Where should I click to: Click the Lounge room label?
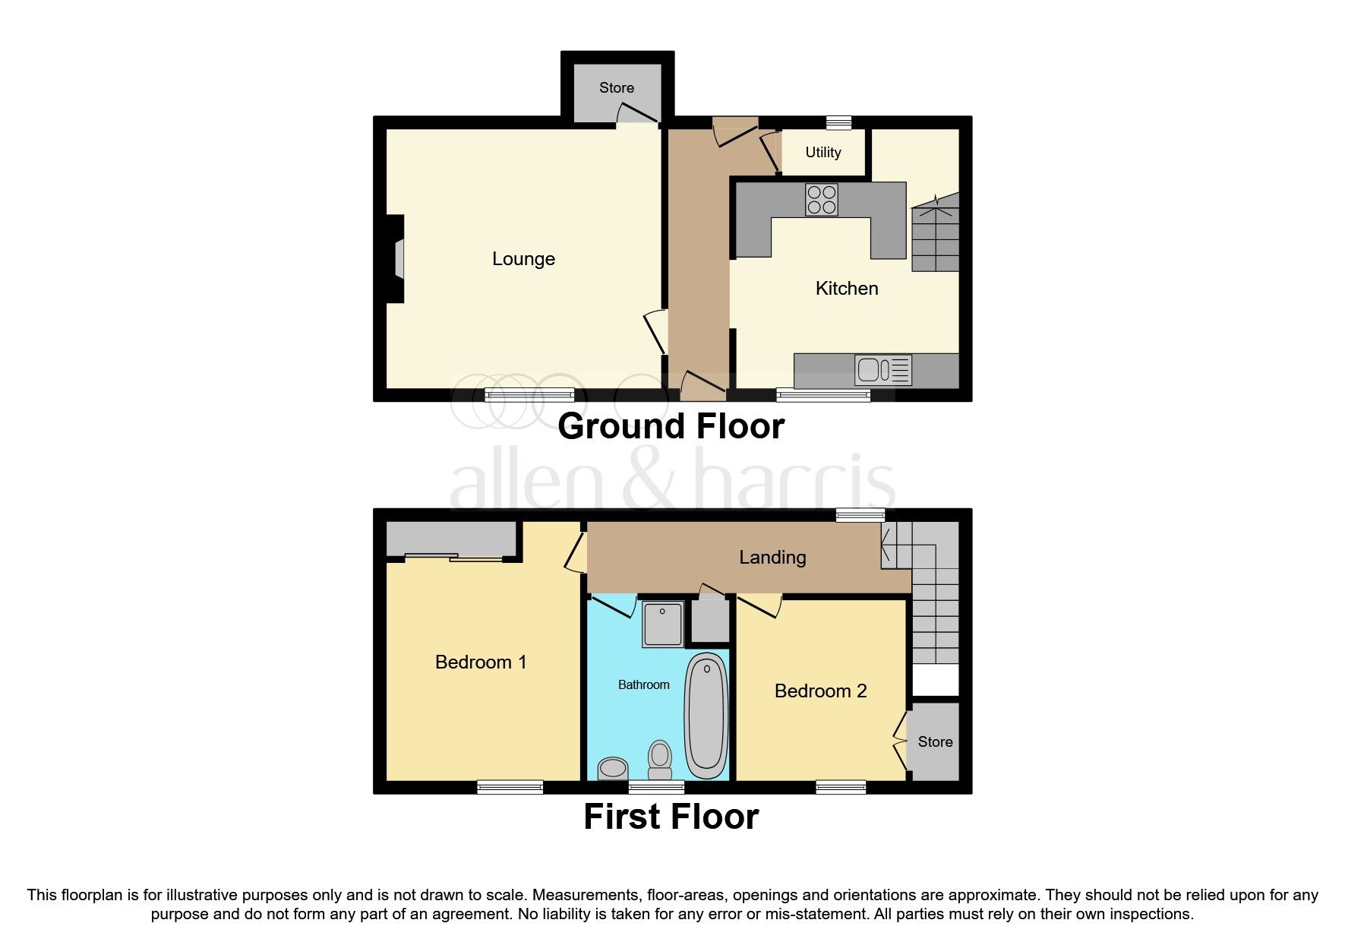[523, 259]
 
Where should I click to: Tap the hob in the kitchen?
[821, 200]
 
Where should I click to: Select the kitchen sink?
[882, 371]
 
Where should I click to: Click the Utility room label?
[823, 153]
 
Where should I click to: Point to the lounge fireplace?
[396, 259]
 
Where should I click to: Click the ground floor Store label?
[616, 88]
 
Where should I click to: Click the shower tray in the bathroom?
[662, 624]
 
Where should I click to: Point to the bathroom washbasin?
[612, 769]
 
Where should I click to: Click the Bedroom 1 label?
[480, 662]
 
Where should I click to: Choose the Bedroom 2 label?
[820, 691]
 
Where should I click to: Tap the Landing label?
[772, 558]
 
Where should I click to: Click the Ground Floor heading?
[671, 427]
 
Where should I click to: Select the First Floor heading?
[671, 817]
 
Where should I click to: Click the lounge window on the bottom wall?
[529, 394]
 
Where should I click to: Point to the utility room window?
[838, 122]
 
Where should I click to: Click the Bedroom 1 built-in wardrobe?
[451, 539]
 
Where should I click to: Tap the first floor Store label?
[935, 742]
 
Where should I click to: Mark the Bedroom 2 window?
[841, 787]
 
